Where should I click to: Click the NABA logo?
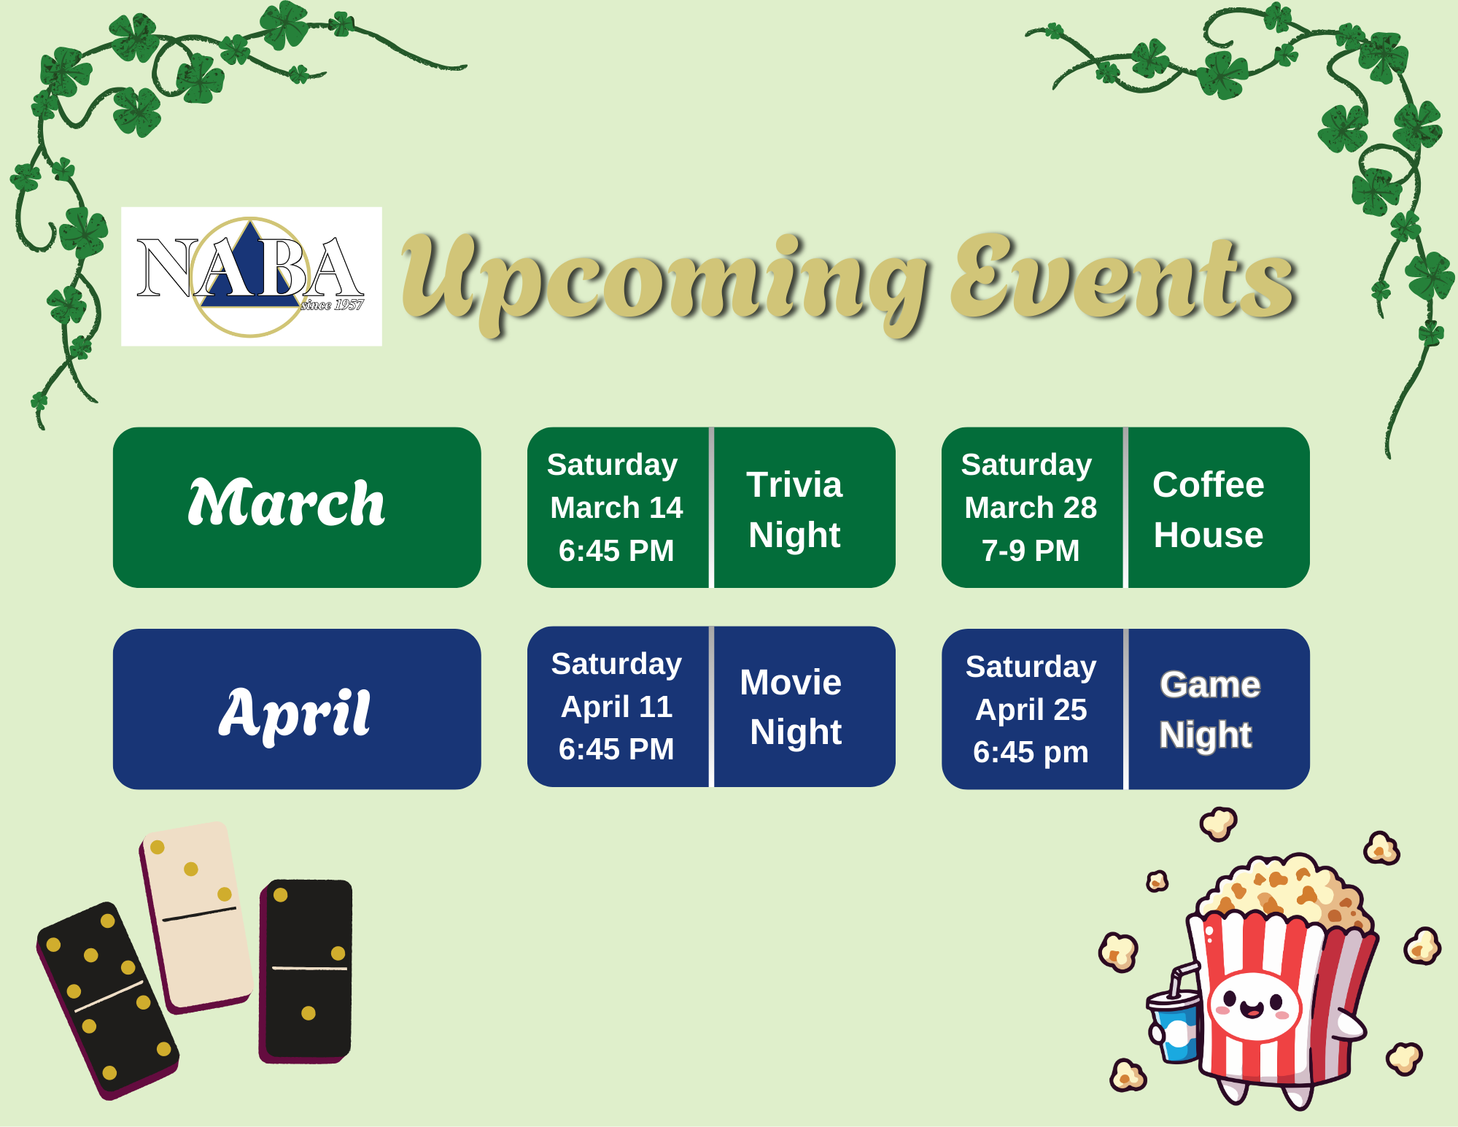251,276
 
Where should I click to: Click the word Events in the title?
1124,277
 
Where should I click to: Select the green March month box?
297,508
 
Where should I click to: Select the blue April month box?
297,709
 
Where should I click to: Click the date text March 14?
616,508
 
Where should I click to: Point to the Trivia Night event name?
794,509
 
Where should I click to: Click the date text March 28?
1031,508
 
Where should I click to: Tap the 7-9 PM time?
1031,551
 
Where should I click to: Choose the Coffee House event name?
1209,509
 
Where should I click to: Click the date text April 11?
616,706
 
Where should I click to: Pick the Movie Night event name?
791,708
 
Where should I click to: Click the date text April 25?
1031,709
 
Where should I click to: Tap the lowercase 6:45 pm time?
1031,752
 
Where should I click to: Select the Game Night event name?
1209,710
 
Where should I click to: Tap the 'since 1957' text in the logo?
332,305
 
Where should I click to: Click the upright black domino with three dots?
306,971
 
